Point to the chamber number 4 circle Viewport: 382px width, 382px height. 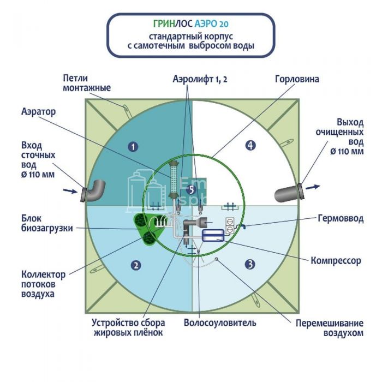[x=250, y=145]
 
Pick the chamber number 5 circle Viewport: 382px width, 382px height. [x=190, y=190]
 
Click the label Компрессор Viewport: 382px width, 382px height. [x=336, y=261]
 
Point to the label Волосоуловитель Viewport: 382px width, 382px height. [x=220, y=323]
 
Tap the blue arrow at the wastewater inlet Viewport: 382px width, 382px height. [x=70, y=191]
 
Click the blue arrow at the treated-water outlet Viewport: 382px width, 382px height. [x=317, y=187]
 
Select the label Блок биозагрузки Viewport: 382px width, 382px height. [x=47, y=223]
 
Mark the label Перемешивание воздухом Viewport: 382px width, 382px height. [x=330, y=327]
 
